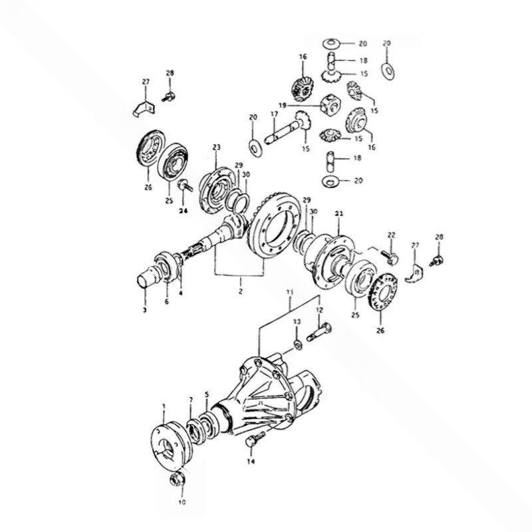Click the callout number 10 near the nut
[182, 502]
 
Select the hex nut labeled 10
[177, 480]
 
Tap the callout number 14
[251, 462]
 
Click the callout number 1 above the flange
[164, 406]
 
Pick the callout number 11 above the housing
[289, 292]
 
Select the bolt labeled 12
[319, 332]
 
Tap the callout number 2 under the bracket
[240, 291]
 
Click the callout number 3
[145, 310]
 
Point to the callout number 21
[339, 213]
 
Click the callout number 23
[217, 147]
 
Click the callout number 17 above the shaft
[274, 114]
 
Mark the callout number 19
[283, 106]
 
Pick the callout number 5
[207, 394]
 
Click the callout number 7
[191, 400]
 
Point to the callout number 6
[167, 301]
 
